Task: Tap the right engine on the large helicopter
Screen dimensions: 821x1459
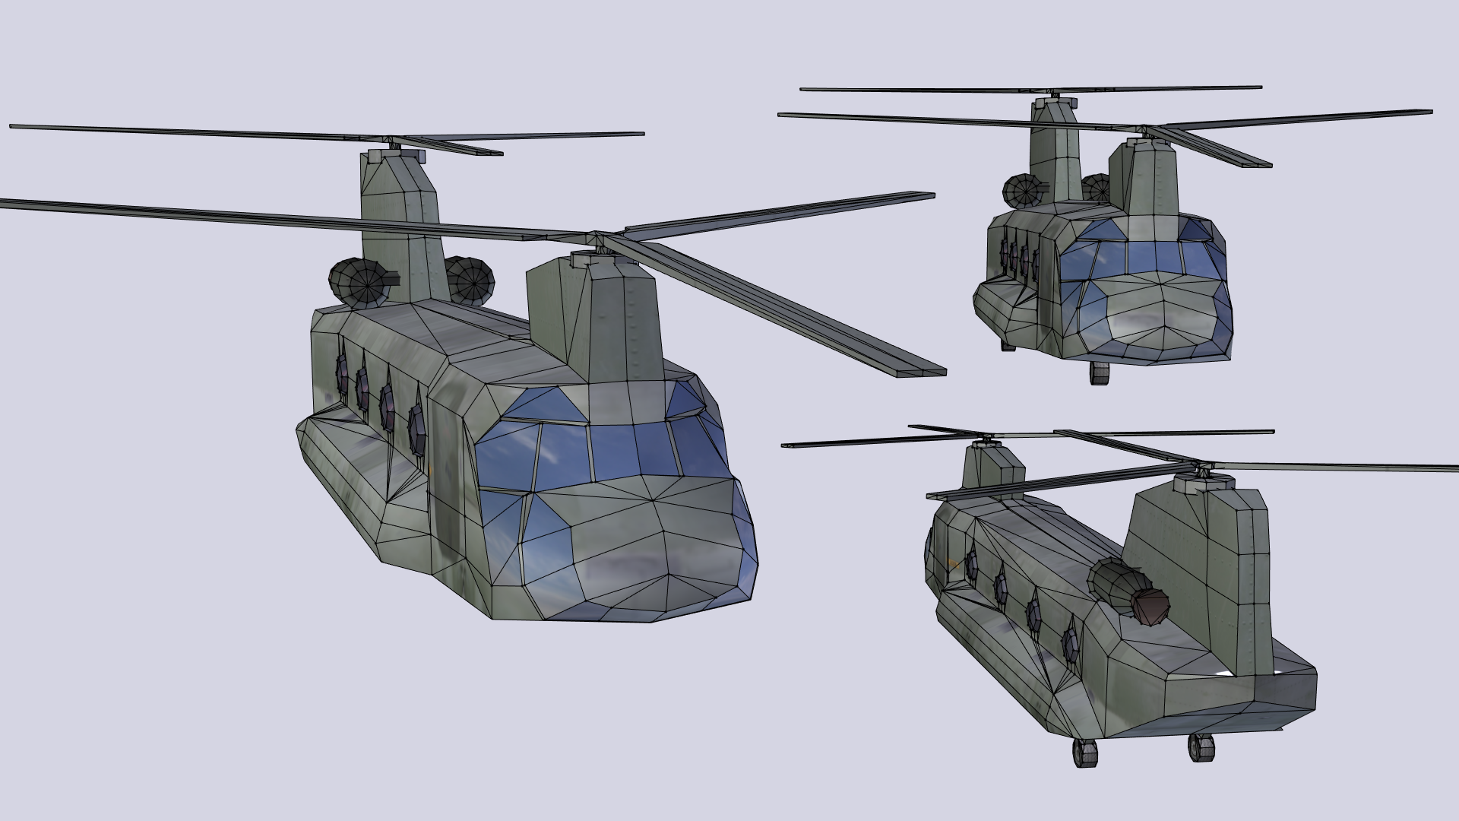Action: click(469, 277)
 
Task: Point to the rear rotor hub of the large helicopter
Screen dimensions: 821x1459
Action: click(393, 143)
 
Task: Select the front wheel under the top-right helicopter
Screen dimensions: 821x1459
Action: click(1099, 373)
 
